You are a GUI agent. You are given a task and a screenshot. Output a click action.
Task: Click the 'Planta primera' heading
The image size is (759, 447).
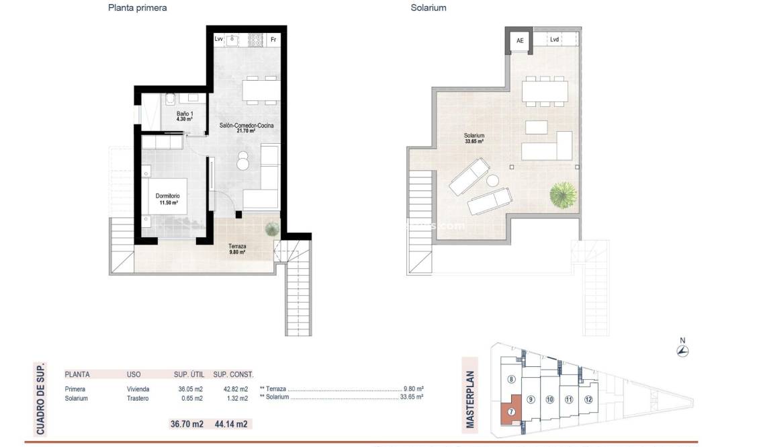click(137, 8)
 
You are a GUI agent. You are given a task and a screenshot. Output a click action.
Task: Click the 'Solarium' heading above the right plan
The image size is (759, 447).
click(429, 8)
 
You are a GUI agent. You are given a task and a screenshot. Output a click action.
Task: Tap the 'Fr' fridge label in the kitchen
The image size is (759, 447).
click(273, 40)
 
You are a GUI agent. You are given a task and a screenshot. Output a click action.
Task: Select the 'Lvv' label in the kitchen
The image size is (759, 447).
click(219, 40)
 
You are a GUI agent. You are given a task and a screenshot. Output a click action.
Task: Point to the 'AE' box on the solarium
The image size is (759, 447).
click(519, 41)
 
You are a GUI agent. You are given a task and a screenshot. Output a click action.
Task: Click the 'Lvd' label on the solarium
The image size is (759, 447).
click(554, 40)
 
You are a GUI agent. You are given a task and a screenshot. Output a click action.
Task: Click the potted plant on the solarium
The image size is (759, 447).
click(563, 196)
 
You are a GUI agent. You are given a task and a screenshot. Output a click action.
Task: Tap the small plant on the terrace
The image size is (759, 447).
click(271, 229)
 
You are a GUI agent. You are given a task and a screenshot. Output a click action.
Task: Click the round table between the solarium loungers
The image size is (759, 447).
click(494, 180)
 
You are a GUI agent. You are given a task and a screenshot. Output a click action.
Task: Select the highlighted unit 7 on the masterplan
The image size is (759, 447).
click(512, 412)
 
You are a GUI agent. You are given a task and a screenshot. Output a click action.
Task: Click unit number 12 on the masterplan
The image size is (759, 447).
click(588, 400)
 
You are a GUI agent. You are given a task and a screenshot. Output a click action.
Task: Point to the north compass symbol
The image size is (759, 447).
click(683, 350)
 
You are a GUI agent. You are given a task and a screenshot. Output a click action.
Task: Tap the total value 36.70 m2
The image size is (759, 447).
click(187, 424)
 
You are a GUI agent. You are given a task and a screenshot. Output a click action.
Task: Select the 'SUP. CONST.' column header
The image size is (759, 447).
click(233, 374)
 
